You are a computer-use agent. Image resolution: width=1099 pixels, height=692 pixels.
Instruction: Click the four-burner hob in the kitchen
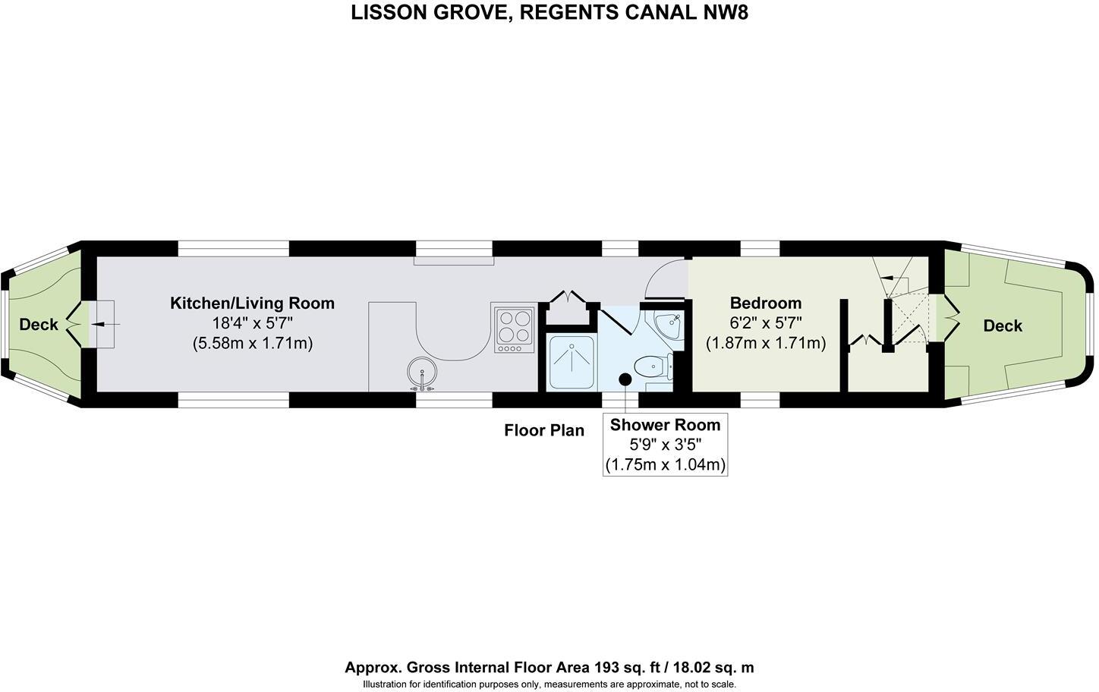pyautogui.click(x=514, y=328)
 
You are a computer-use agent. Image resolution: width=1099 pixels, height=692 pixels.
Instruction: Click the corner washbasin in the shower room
pyautogui.click(x=669, y=326)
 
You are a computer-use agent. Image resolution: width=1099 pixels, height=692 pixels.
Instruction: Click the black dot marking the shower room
pyautogui.click(x=625, y=379)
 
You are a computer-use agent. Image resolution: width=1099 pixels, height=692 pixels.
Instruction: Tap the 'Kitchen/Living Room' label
pyautogui.click(x=252, y=304)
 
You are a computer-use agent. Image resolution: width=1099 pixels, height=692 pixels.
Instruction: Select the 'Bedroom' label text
pyautogui.click(x=765, y=304)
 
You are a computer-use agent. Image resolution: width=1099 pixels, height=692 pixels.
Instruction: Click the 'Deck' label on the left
pyautogui.click(x=39, y=325)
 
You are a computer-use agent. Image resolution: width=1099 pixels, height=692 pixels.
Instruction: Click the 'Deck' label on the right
pyautogui.click(x=1003, y=326)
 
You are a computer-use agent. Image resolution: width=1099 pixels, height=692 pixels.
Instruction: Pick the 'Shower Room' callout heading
pyautogui.click(x=665, y=425)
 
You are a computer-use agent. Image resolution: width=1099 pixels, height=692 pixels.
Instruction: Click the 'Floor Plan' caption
pyautogui.click(x=544, y=431)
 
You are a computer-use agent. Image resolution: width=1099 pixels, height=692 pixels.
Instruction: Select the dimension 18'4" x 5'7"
pyautogui.click(x=252, y=323)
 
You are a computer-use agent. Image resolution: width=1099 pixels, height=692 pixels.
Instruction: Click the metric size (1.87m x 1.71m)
pyautogui.click(x=765, y=343)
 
